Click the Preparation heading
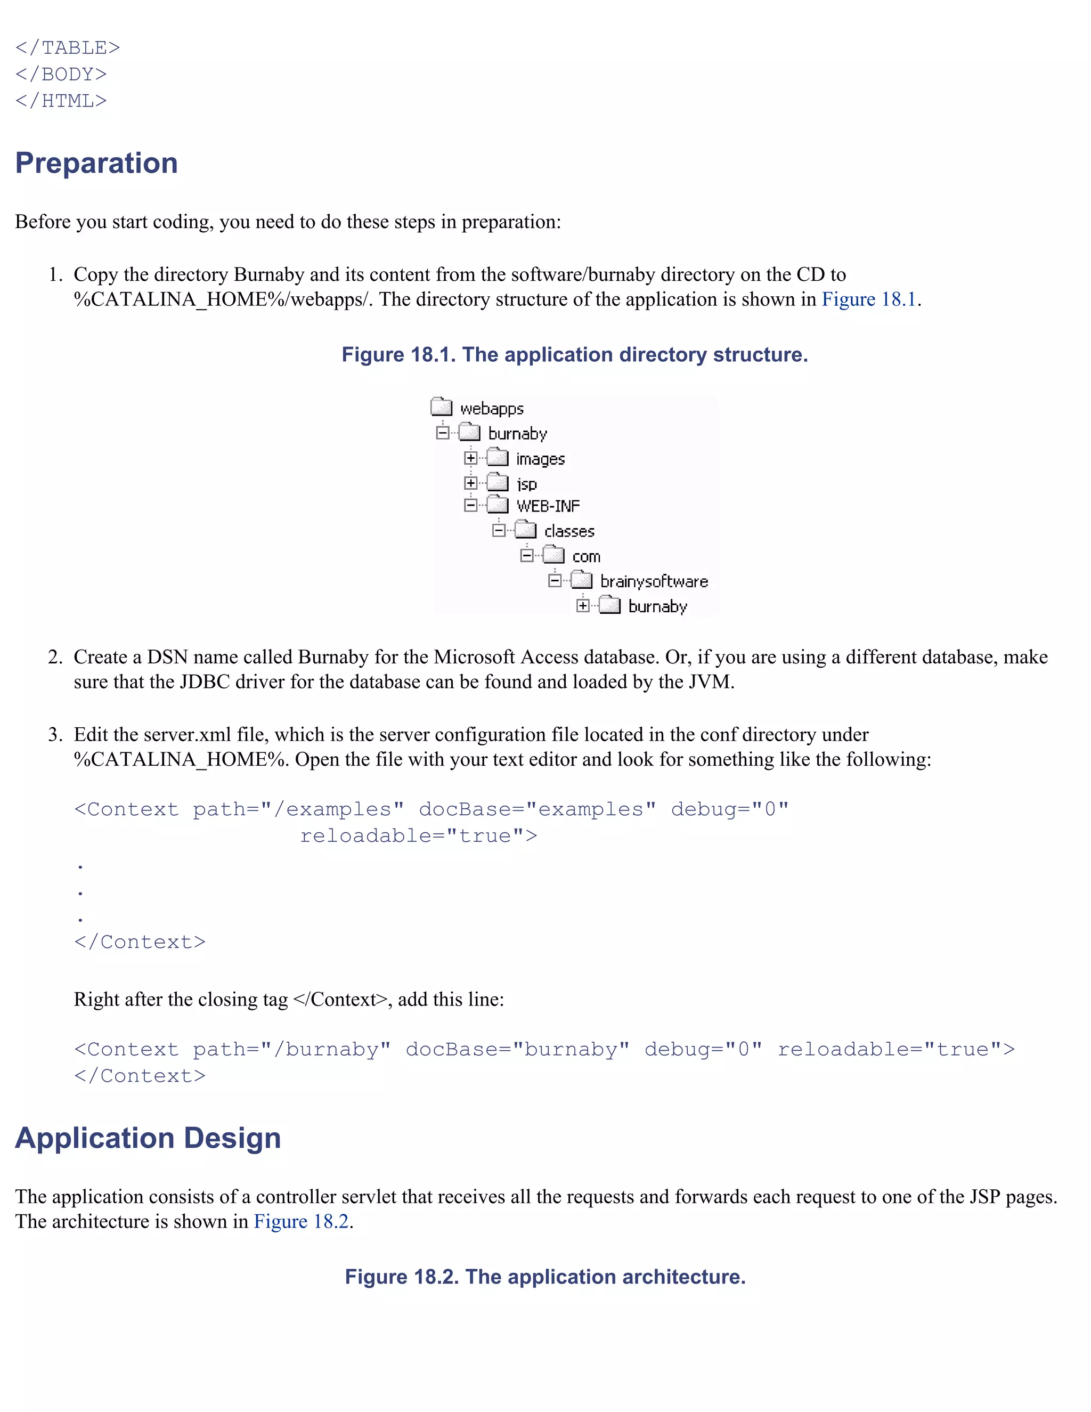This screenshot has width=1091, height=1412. click(x=96, y=163)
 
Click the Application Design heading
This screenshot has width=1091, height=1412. click(x=148, y=1138)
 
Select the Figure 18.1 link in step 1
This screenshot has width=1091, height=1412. click(x=869, y=299)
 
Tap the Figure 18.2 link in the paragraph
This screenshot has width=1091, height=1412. click(x=301, y=1221)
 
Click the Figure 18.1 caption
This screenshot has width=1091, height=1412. click(x=575, y=354)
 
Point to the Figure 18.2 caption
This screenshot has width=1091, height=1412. click(x=545, y=1277)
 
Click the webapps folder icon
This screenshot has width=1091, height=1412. click(x=442, y=407)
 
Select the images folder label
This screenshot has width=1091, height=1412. click(x=540, y=459)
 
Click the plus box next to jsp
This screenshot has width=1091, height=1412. click(x=470, y=483)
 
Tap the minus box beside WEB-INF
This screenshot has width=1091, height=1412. click(x=470, y=506)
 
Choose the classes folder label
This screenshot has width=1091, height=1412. click(x=569, y=531)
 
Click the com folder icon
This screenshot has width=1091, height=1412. click(x=553, y=555)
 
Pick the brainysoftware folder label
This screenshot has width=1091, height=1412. click(x=654, y=581)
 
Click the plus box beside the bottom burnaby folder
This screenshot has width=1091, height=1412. click(x=583, y=606)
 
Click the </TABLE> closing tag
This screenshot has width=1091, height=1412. click(x=68, y=48)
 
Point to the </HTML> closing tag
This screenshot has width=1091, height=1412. click(x=61, y=101)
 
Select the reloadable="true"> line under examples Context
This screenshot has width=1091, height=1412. click(x=419, y=836)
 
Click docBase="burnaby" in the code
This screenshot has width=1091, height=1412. click(x=517, y=1049)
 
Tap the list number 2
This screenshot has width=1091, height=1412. click(x=55, y=657)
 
